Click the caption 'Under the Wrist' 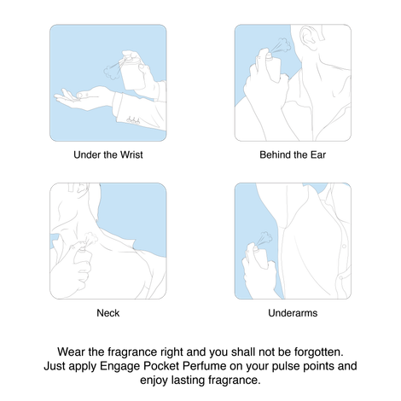108,154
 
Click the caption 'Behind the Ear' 293,154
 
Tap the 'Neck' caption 108,313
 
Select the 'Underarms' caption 293,313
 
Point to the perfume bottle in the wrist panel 131,73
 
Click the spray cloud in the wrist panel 111,72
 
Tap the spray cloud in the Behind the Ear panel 284,45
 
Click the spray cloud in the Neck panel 91,238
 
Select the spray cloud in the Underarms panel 265,238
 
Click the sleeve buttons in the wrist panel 133,120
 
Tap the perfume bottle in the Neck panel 83,258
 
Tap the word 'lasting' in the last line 188,381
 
